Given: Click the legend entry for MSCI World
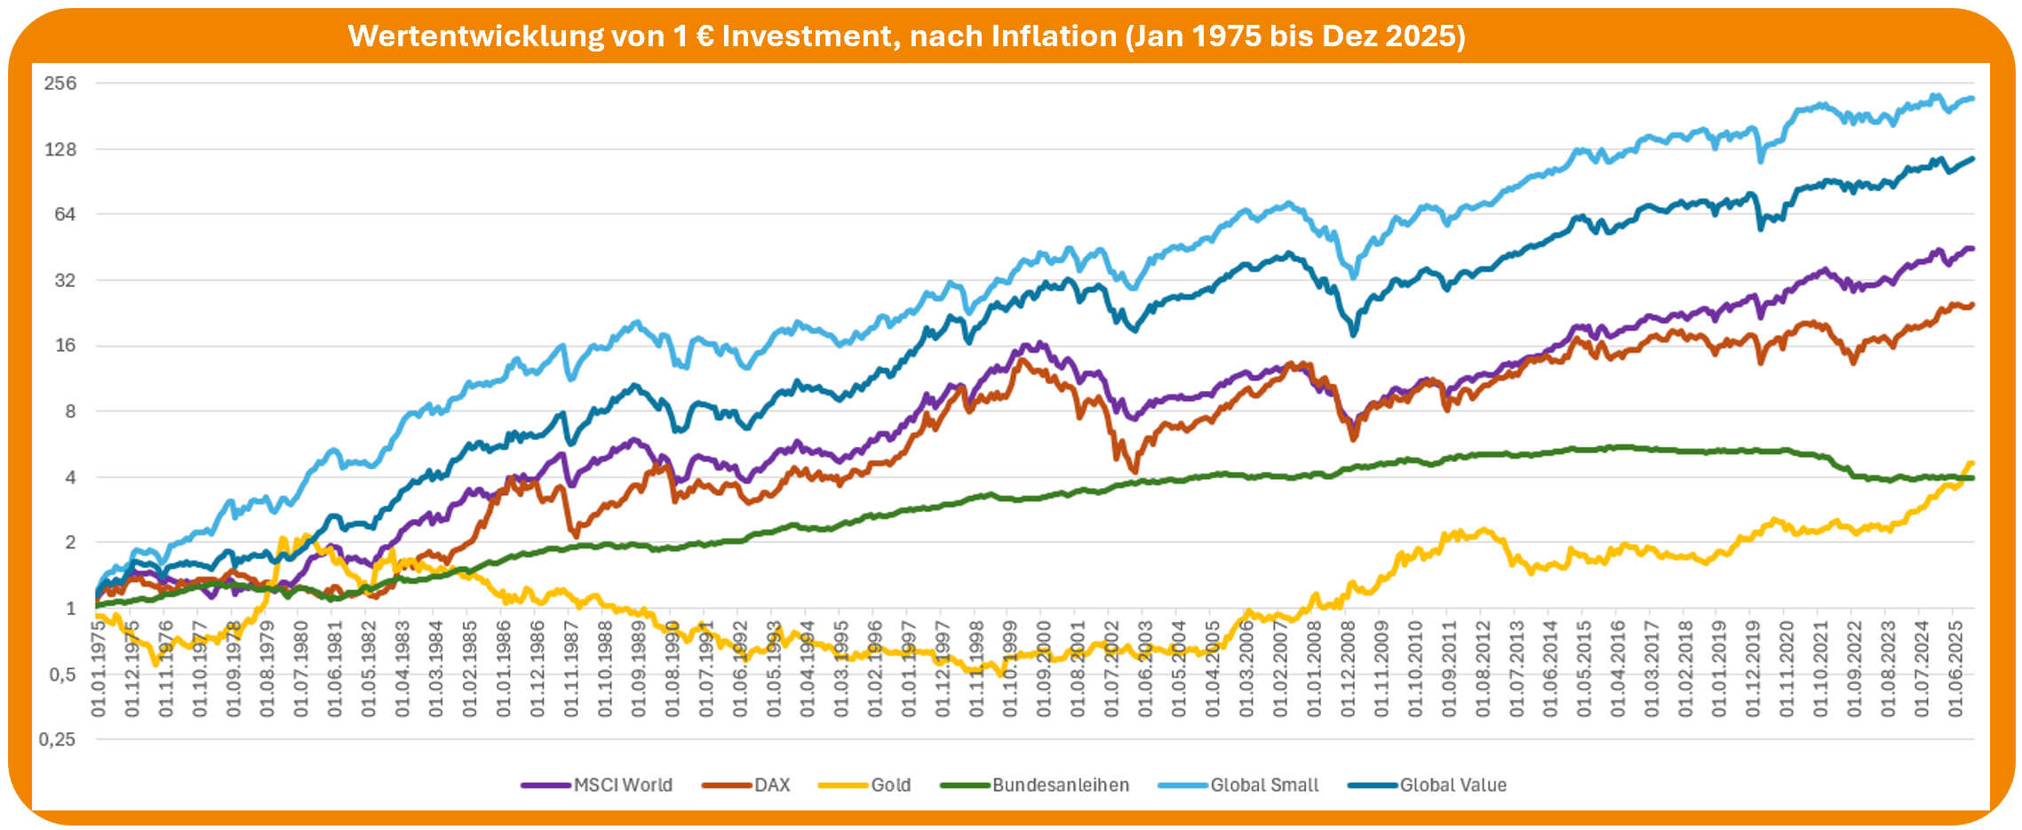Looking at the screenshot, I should [x=623, y=786].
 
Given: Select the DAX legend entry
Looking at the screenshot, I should [x=772, y=786].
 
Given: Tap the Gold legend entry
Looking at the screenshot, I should [x=890, y=786].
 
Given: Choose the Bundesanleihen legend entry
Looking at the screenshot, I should [x=1060, y=786].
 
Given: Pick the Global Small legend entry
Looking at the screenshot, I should [x=1264, y=786].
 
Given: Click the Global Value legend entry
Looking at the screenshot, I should [x=1453, y=786].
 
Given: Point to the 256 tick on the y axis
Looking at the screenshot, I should [x=60, y=84].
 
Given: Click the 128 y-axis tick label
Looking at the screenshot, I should [x=60, y=149].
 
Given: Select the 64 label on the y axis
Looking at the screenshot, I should [x=65, y=214].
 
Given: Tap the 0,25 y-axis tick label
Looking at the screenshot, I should [x=57, y=739].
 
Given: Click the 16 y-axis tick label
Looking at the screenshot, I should [x=65, y=346].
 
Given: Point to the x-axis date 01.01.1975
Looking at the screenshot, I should [x=98, y=668].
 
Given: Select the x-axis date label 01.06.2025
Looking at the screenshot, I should [x=1955, y=668].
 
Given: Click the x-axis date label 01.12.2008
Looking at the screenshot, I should [x=1349, y=668].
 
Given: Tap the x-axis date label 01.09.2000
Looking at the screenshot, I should [x=1044, y=668].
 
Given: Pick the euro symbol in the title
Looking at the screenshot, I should [x=705, y=36].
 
